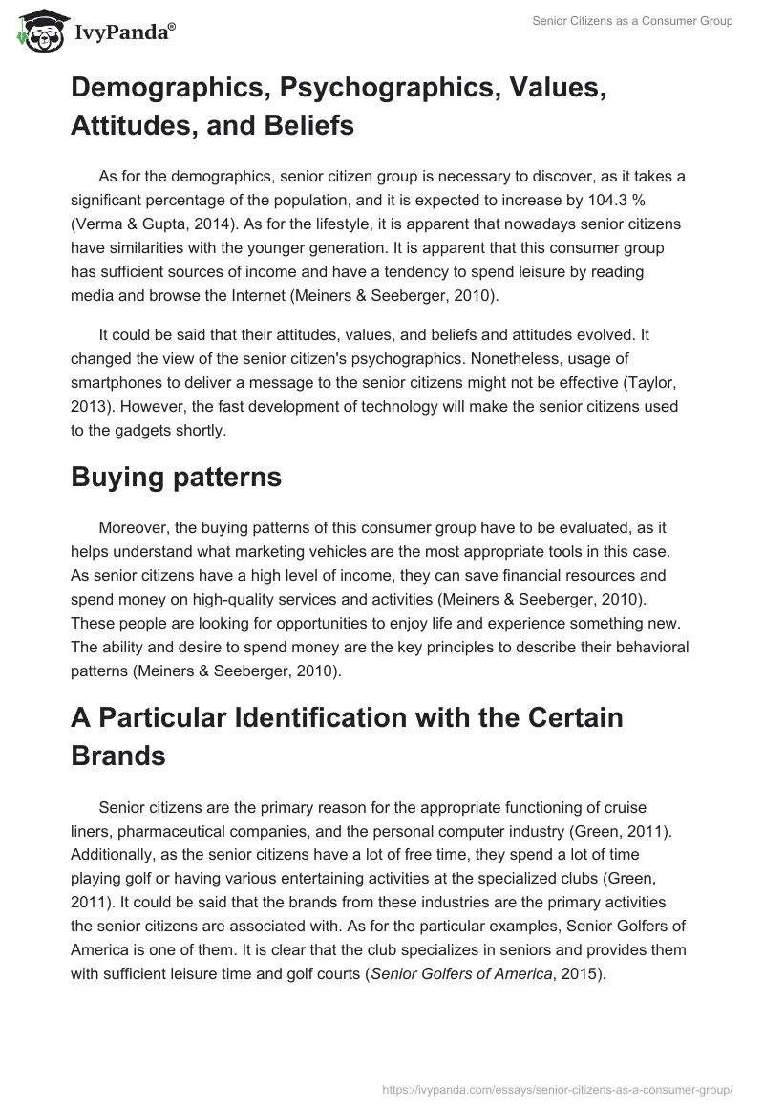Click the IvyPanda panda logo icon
tap(38, 31)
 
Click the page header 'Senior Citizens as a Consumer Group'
tap(632, 21)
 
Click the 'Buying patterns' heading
tap(176, 478)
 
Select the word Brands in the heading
tap(117, 756)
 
